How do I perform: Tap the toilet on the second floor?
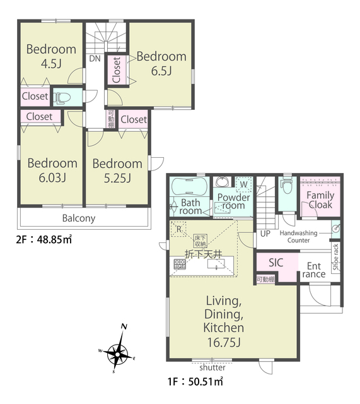[x=62, y=98]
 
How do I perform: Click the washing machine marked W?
[x=243, y=184]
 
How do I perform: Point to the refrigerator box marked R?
[x=178, y=229]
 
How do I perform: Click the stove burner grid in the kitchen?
[x=180, y=264]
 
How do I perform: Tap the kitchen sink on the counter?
[x=216, y=264]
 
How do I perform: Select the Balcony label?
[x=79, y=218]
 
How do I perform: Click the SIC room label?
[x=276, y=263]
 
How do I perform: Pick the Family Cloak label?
[x=320, y=200]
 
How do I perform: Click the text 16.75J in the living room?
[x=224, y=342]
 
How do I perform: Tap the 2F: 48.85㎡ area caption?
[x=44, y=239]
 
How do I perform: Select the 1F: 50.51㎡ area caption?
[x=195, y=381]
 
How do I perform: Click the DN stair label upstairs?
[x=95, y=59]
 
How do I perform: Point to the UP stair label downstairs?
[x=265, y=234]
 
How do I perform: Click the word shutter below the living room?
[x=212, y=367]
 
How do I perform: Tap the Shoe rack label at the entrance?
[x=336, y=257]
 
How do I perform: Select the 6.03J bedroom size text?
[x=52, y=178]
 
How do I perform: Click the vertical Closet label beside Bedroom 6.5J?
[x=117, y=70]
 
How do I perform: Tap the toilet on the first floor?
[x=287, y=186]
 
